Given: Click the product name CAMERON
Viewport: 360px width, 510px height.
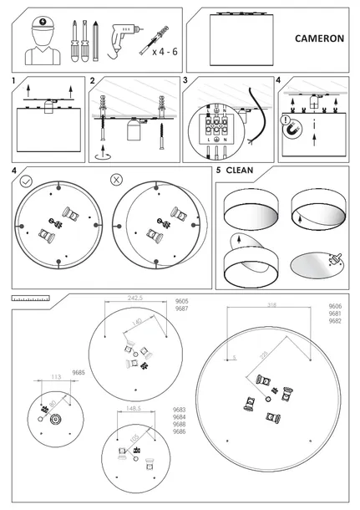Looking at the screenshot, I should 319,38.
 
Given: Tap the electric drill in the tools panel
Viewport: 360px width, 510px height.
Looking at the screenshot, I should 121,34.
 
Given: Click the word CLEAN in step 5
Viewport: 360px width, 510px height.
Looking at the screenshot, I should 239,171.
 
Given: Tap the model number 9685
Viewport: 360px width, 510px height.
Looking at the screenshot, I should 79,372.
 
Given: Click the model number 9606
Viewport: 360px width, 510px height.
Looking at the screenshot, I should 334,307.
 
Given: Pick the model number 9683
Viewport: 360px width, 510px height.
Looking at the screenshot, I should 179,410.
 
